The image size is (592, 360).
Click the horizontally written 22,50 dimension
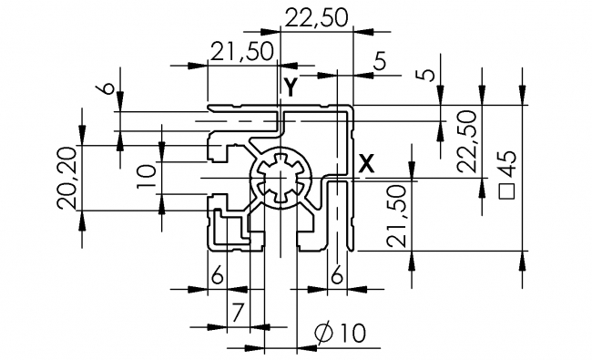tap(315, 16)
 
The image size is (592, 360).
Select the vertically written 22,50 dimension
tap(467, 140)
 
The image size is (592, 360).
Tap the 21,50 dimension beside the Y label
tap(241, 52)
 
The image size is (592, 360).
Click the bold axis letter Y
tap(289, 88)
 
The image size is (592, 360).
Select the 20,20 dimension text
tap(66, 178)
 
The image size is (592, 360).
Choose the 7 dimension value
tap(235, 313)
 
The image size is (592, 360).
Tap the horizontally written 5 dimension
tap(379, 62)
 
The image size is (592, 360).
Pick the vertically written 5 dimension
tap(422, 72)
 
